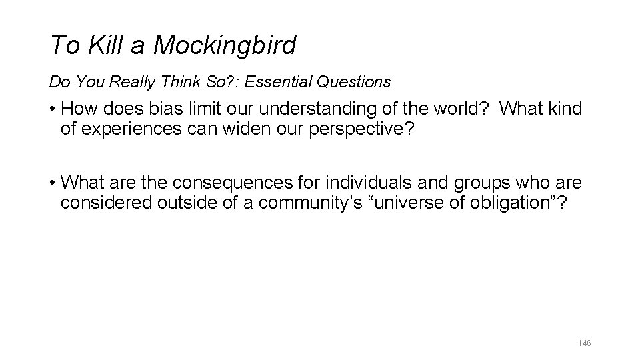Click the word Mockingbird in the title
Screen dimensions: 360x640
[225, 45]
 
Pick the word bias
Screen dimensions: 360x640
[170, 109]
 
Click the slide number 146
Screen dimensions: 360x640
[584, 343]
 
